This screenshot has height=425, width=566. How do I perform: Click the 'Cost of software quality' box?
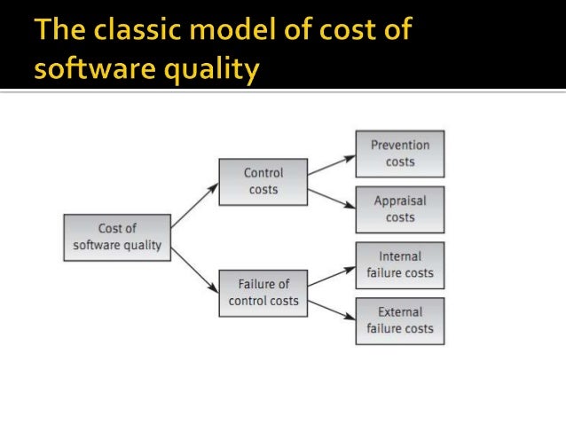pos(117,237)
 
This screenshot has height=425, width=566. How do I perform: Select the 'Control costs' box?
pos(263,182)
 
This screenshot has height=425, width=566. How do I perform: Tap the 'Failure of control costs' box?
pos(263,292)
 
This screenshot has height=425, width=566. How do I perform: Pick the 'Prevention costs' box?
pos(400,153)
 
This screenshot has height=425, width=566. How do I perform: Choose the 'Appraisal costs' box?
pos(400,209)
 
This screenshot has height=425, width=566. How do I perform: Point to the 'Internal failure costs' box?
pos(400,264)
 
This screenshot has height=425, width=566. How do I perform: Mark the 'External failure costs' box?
pos(400,320)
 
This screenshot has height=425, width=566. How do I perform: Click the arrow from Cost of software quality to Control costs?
pos(194,207)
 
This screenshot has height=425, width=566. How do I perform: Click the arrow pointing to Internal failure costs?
pos(333,274)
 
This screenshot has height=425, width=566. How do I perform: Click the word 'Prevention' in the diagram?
pos(400,146)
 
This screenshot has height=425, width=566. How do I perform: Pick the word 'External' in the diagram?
pos(400,312)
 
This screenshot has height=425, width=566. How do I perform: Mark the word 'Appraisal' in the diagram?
pos(400,201)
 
